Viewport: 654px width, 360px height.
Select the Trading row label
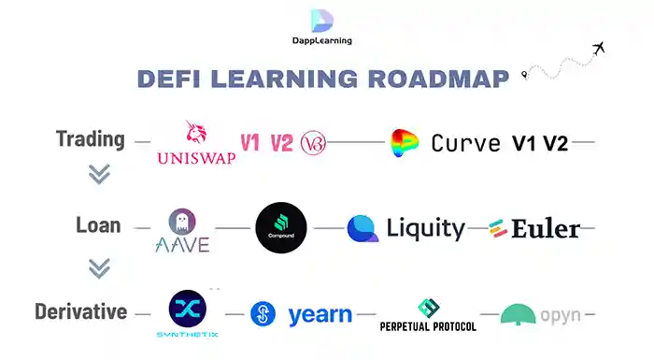(x=90, y=140)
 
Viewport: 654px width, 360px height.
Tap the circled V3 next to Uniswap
(x=313, y=143)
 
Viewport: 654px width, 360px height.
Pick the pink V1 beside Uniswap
(x=249, y=143)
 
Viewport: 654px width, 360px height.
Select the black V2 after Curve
(x=556, y=143)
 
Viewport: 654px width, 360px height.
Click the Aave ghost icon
(x=181, y=221)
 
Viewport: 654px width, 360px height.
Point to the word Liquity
(x=425, y=227)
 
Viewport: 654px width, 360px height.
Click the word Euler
(x=546, y=228)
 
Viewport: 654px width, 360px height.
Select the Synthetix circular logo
(x=187, y=309)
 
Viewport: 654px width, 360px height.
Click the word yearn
(x=320, y=315)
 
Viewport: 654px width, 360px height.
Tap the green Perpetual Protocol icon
(x=428, y=307)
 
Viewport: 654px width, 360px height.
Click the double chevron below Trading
(x=99, y=175)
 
